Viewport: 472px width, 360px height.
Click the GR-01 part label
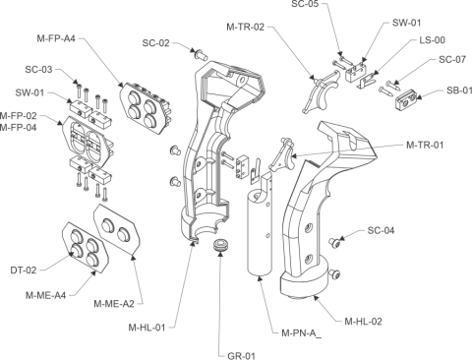point(241,355)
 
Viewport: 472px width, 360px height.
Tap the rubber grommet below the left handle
point(221,246)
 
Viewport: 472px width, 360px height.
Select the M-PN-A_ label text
point(301,333)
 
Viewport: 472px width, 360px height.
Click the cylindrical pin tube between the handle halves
point(260,224)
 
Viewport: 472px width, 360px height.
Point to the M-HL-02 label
point(363,322)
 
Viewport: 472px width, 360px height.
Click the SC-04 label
point(381,230)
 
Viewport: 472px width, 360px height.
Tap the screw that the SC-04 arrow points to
point(334,242)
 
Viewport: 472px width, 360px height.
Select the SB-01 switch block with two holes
point(406,99)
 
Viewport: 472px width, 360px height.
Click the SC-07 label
point(452,59)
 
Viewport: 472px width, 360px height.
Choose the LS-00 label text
point(433,40)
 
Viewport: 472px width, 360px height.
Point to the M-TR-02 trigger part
point(320,91)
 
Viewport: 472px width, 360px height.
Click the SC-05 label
point(305,4)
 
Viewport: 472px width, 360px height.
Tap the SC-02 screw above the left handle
point(201,54)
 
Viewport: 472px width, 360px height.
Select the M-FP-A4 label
point(56,38)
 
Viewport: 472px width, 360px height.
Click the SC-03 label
point(38,70)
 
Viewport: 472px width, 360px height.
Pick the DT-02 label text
point(24,270)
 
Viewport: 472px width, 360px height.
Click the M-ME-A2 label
point(114,304)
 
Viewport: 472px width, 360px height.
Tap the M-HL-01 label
point(147,328)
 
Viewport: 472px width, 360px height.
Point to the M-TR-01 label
point(425,145)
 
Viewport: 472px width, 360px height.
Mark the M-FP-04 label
point(19,127)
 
